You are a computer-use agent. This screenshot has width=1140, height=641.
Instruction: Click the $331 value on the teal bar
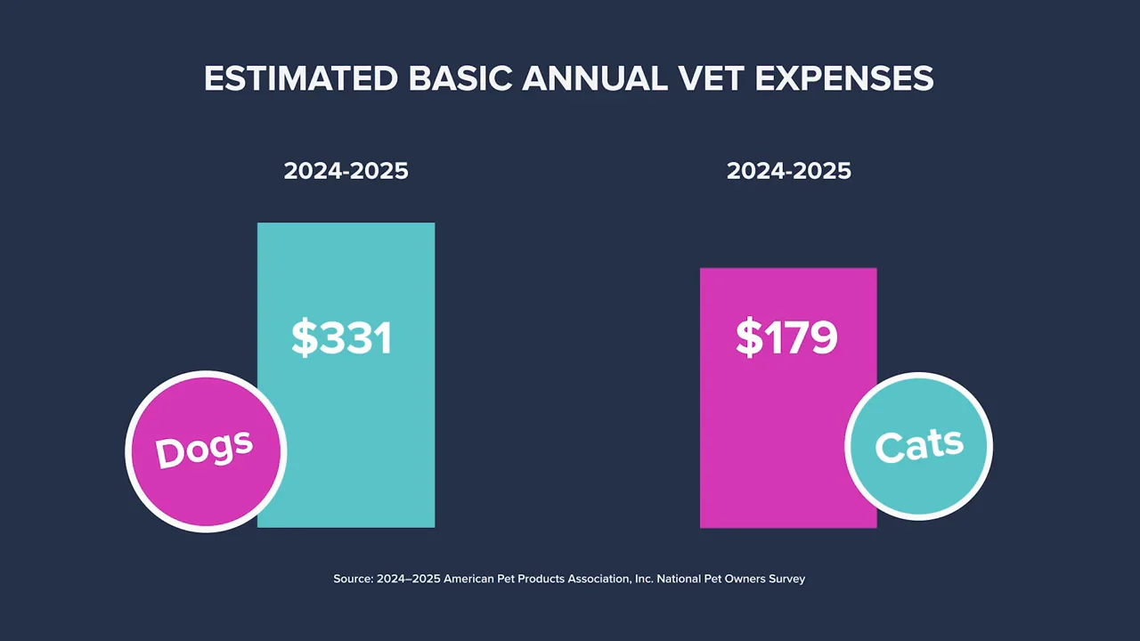(342, 338)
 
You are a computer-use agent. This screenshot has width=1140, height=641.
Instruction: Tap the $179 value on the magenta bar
(786, 338)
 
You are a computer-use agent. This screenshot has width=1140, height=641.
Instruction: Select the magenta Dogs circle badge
(206, 451)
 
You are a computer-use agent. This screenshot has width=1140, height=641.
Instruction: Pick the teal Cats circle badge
(918, 445)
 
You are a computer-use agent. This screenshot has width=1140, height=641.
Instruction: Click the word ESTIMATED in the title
(300, 78)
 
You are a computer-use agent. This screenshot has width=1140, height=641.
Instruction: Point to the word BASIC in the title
(460, 78)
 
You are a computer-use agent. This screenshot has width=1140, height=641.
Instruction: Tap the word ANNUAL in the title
(593, 78)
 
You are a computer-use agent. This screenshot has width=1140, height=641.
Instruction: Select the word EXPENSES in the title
(844, 78)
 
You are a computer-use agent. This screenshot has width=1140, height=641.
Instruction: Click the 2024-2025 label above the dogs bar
(346, 171)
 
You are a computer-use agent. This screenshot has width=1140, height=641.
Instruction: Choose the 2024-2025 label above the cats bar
(788, 171)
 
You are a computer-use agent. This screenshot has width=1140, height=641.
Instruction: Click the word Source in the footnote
(352, 579)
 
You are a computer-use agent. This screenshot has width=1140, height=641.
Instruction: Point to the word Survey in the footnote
(785, 579)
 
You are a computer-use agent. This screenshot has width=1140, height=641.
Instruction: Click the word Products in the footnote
(542, 579)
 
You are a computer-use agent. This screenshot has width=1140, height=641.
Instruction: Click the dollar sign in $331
(304, 338)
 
